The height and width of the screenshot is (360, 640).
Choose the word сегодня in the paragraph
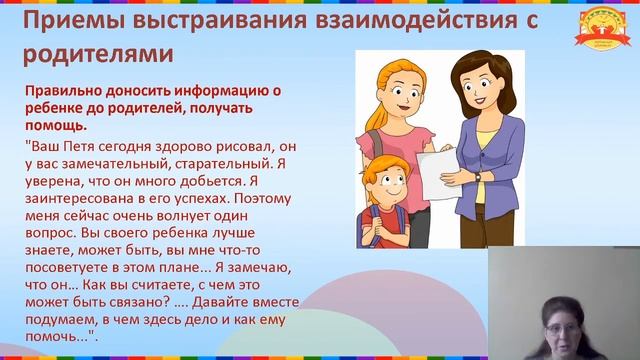tap(147, 145)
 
